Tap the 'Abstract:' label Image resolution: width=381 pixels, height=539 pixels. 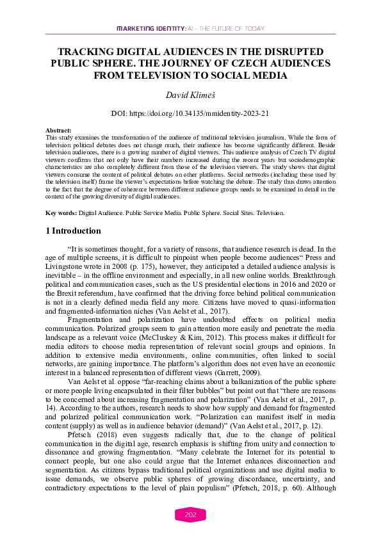coord(59,131)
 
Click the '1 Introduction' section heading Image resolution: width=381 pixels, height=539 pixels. coord(74,230)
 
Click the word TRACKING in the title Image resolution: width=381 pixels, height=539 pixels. coord(85,52)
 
